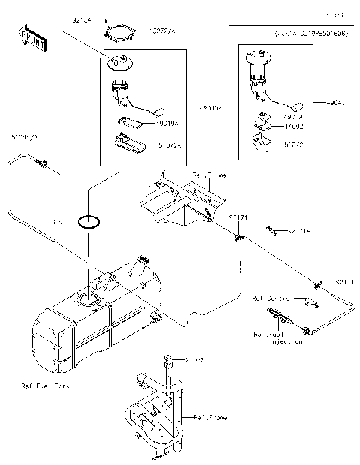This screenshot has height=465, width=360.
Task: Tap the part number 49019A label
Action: tap(167, 123)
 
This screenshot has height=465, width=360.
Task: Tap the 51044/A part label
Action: tap(25, 138)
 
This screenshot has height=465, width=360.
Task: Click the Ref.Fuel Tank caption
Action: tap(45, 387)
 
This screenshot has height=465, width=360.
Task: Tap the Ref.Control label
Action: tap(271, 298)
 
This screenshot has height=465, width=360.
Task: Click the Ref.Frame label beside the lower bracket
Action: tap(211, 417)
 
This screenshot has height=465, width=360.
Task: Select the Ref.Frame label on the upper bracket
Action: tap(209, 175)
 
